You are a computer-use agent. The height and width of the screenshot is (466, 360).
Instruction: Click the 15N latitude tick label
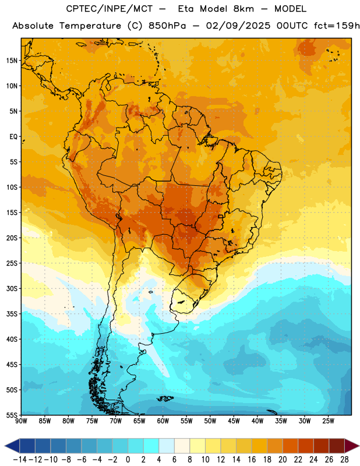click(12, 61)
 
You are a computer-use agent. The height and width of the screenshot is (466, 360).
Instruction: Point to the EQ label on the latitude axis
click(13, 137)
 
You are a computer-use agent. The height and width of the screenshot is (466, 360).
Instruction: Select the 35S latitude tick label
click(12, 314)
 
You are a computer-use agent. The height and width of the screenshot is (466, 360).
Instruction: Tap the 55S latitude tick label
click(12, 415)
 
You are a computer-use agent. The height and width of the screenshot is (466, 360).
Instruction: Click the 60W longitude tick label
click(163, 421)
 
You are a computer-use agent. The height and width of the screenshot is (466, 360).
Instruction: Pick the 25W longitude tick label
click(328, 421)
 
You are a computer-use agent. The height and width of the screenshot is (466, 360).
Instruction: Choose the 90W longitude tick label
click(21, 421)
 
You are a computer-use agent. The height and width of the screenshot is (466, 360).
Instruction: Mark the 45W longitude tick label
click(234, 421)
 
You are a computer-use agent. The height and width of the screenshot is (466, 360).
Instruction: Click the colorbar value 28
click(344, 460)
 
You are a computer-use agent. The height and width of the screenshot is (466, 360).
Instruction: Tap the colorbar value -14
click(20, 460)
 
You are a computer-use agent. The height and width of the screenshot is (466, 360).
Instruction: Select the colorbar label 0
click(128, 460)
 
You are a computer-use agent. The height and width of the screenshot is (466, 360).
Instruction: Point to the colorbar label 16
click(252, 460)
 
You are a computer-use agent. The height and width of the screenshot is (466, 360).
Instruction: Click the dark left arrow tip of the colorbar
click(5, 446)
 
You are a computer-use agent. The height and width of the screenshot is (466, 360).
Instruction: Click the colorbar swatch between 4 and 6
click(167, 446)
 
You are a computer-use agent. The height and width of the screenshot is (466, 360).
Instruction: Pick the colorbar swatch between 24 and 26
click(321, 446)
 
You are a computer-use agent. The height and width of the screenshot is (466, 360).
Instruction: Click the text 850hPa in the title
click(167, 26)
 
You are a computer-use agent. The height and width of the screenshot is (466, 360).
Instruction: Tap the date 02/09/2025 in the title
click(238, 26)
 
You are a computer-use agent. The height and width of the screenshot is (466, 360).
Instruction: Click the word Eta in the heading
click(186, 9)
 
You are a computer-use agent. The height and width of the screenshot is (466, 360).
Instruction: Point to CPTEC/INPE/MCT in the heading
click(109, 9)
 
